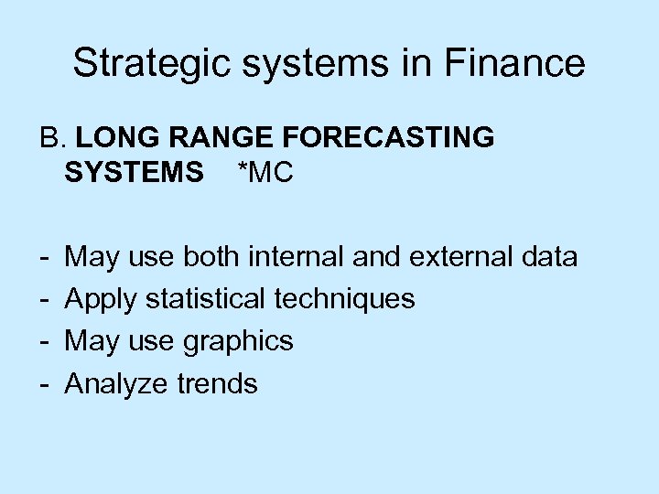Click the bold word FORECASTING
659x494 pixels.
(x=390, y=138)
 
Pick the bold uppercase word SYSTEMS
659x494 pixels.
(x=135, y=172)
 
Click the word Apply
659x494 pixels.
(x=102, y=299)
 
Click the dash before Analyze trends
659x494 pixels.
(x=44, y=384)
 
